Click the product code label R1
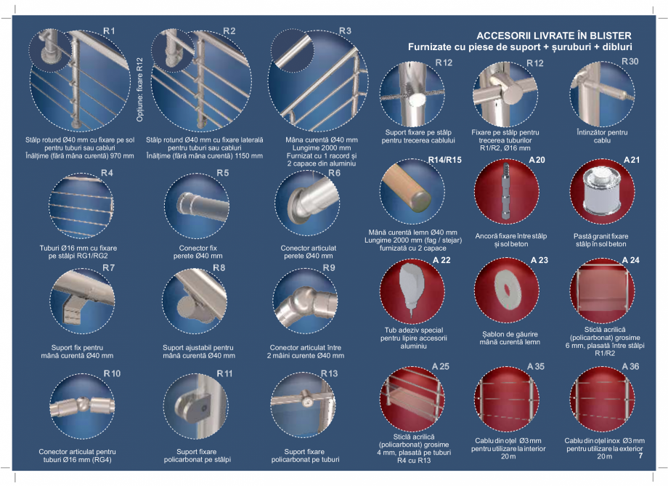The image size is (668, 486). (x=109, y=31)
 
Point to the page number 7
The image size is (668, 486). (x=640, y=457)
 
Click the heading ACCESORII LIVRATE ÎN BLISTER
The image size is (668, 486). (x=553, y=36)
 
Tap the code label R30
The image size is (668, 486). (x=630, y=62)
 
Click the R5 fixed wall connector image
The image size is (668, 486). (x=195, y=205)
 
